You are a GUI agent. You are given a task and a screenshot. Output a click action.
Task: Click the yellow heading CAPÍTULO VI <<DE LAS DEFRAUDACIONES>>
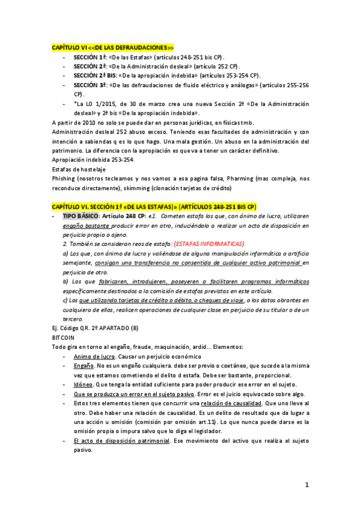click(113, 47)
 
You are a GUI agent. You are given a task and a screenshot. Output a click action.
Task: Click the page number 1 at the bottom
click(306, 484)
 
